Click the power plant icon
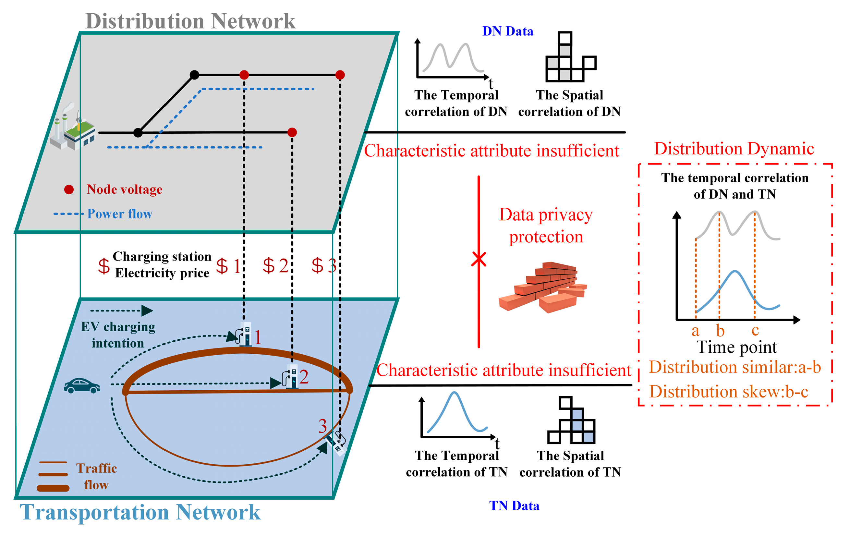(x=72, y=129)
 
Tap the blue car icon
(x=82, y=386)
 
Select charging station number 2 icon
(x=291, y=377)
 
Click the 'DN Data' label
(x=507, y=31)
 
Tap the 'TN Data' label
(x=514, y=506)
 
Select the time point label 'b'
(x=720, y=331)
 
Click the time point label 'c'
(x=755, y=330)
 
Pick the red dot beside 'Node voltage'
(x=69, y=190)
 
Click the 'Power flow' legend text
(x=119, y=214)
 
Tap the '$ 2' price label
(x=275, y=265)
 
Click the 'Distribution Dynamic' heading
(x=734, y=149)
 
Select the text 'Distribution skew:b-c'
(x=728, y=391)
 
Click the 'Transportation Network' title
(x=140, y=512)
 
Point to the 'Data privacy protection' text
(x=546, y=226)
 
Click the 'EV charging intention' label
(x=118, y=335)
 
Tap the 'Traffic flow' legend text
(x=96, y=476)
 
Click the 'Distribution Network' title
(x=190, y=21)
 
